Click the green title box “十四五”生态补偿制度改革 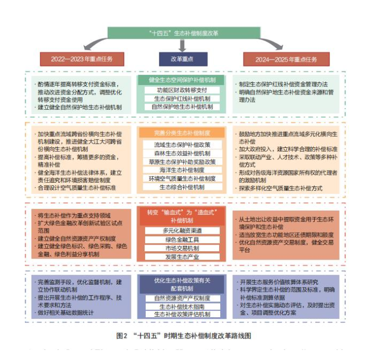[183, 33]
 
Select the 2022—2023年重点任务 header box [81, 59]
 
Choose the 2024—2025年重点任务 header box [286, 59]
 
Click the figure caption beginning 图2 [183, 336]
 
